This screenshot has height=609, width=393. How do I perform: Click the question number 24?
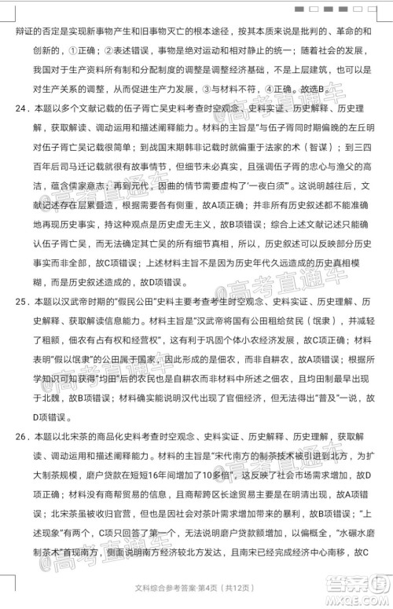15,105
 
